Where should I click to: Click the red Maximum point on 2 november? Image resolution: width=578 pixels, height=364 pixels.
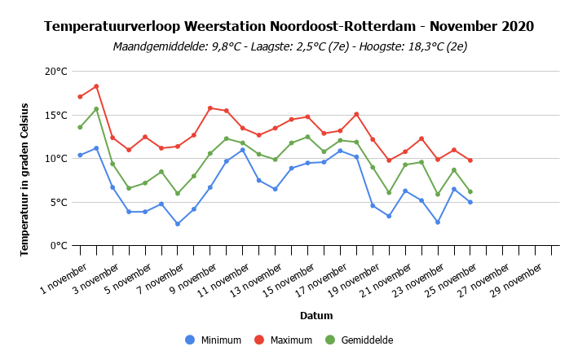click(96, 86)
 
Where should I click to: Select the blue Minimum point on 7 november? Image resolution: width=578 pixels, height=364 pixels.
click(178, 224)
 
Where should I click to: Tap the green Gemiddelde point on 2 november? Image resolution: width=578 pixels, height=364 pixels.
click(96, 109)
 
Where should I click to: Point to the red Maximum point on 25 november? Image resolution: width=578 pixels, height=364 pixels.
click(470, 160)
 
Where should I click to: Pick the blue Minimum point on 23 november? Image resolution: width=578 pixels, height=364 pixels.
click(438, 222)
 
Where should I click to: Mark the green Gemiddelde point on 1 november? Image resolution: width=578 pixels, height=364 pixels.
click(80, 127)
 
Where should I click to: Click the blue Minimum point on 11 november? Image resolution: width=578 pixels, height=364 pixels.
click(243, 150)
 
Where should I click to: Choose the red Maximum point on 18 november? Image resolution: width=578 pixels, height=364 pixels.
click(356, 115)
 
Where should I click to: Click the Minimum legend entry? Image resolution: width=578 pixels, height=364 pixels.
click(214, 340)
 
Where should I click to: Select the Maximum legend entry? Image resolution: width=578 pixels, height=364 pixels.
click(284, 340)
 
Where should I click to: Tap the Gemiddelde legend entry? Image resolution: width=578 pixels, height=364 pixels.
click(360, 340)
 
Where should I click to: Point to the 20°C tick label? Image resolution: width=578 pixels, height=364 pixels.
click(56, 72)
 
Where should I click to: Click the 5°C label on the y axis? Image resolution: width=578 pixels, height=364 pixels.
click(59, 203)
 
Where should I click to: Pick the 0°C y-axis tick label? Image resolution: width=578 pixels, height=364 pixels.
click(59, 245)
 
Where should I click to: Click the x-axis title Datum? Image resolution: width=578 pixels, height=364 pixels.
click(316, 316)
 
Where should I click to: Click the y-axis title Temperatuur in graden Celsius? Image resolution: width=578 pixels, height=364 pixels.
click(24, 180)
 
